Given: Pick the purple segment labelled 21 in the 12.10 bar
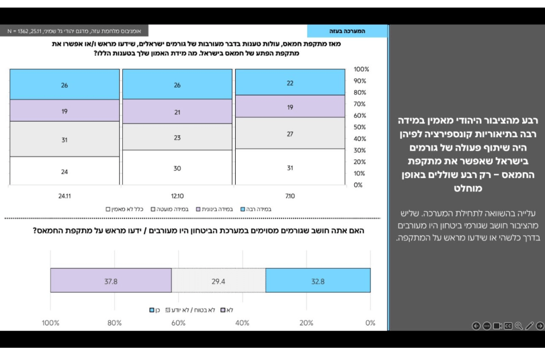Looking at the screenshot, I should click(177, 112).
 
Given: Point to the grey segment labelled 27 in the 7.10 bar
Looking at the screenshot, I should click(290, 133).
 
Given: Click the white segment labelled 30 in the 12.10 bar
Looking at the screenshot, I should click(177, 168).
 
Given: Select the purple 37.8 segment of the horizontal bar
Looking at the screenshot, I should click(111, 281).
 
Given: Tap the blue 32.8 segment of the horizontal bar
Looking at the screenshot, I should click(318, 281).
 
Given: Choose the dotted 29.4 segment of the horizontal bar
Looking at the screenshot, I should click(219, 281).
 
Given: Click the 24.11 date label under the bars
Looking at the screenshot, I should click(64, 196).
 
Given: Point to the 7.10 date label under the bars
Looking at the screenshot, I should click(290, 196).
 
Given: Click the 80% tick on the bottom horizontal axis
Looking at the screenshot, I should click(114, 323).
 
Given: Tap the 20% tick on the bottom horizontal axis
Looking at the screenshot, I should click(307, 323).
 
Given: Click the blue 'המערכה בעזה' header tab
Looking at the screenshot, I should click(348, 31).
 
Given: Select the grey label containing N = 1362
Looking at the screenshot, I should click(74, 31).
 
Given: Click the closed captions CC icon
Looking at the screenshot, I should click(508, 326).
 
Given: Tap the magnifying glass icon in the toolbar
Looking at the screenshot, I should click(518, 326).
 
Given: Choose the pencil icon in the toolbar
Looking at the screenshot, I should click(529, 326).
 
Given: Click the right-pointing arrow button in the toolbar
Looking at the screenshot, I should click(540, 326).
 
